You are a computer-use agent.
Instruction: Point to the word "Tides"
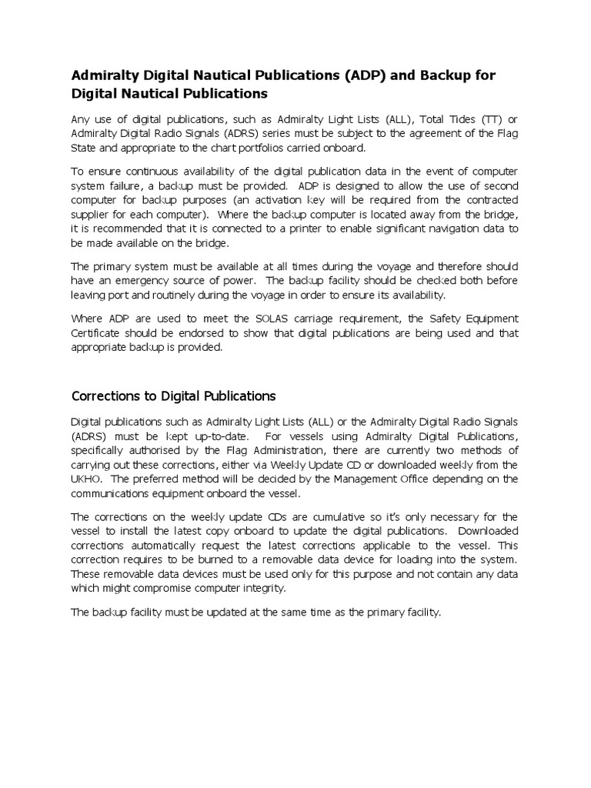(x=446, y=119)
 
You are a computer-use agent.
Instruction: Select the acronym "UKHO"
(x=87, y=479)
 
